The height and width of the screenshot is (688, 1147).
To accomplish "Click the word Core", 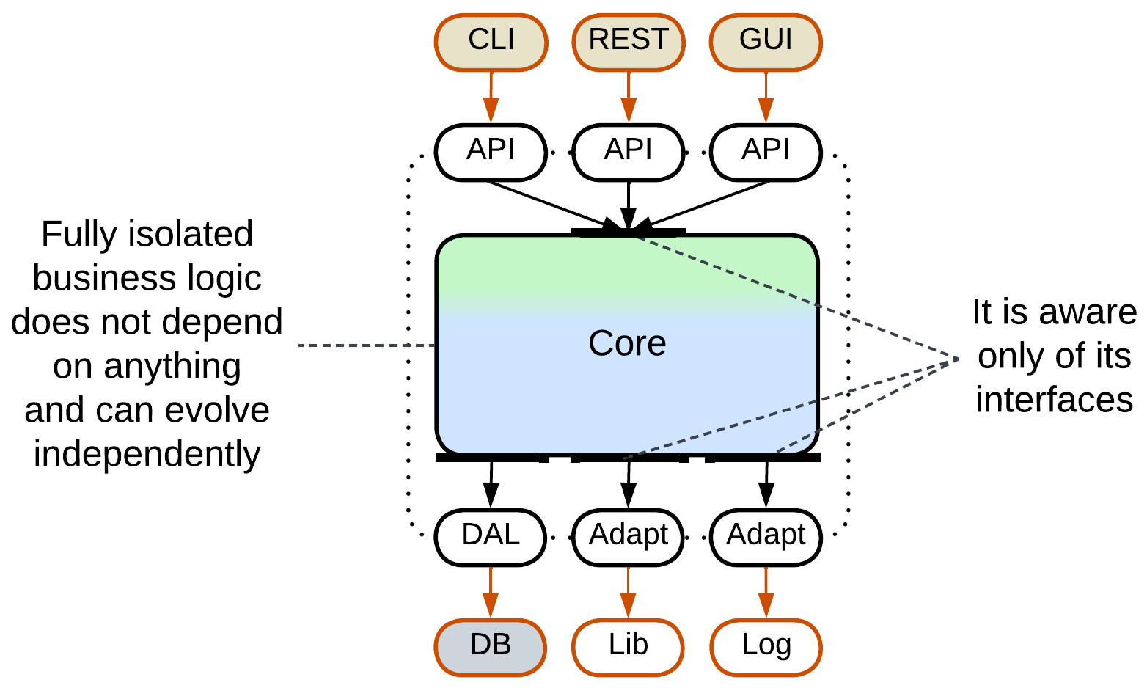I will pyautogui.click(x=627, y=343).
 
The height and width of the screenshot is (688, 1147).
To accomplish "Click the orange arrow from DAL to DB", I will pyautogui.click(x=491, y=592).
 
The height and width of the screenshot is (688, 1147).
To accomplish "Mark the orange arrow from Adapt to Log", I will pyautogui.click(x=766, y=592).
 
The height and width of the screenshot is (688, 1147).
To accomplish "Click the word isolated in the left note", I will pyautogui.click(x=190, y=235).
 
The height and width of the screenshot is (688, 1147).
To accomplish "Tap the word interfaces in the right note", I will pyautogui.click(x=1054, y=400).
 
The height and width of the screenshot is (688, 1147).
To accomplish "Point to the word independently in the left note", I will pyautogui.click(x=147, y=455).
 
